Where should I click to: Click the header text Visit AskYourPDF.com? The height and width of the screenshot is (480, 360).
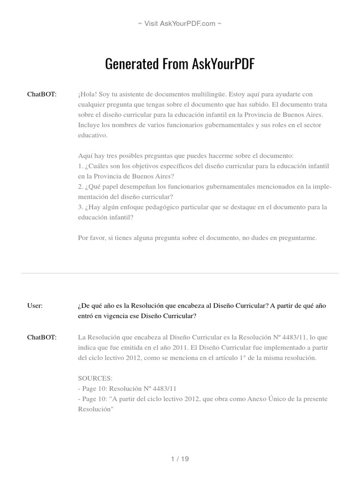pyautogui.click(x=180, y=23)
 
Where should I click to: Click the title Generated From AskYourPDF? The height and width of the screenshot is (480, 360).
pyautogui.click(x=180, y=64)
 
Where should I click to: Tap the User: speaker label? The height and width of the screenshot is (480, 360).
pyautogui.click(x=35, y=306)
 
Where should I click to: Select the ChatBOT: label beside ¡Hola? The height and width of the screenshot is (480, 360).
pyautogui.click(x=42, y=94)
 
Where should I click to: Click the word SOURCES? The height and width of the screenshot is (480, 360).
pyautogui.click(x=95, y=378)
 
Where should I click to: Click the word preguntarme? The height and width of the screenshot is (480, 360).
pyautogui.click(x=298, y=238)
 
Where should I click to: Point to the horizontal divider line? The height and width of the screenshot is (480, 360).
pyautogui.click(x=180, y=273)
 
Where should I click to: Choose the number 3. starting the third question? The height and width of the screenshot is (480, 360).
pyautogui.click(x=81, y=207)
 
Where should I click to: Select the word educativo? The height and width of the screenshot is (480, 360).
pyautogui.click(x=93, y=135)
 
